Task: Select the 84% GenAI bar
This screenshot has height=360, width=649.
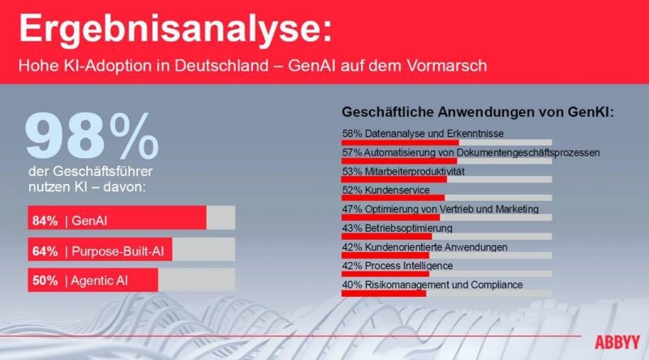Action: [117, 218]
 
